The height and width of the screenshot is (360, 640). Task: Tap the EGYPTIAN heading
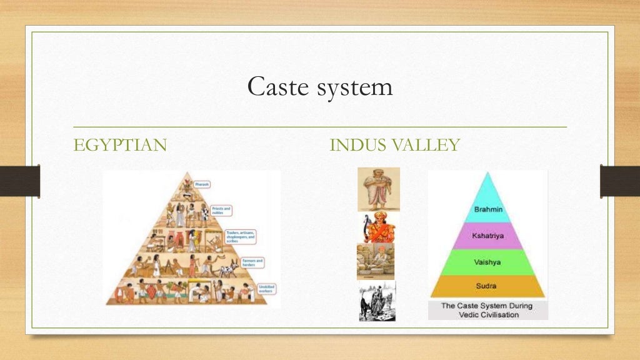[120, 146]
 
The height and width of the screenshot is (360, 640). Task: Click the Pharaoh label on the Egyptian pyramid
[202, 184]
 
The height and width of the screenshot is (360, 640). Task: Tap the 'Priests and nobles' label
[222, 211]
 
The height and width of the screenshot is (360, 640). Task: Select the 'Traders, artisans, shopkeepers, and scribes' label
[242, 236]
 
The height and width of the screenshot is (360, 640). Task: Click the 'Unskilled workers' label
[266, 288]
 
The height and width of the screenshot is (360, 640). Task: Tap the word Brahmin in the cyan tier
[487, 209]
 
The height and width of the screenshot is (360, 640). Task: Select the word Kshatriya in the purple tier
[487, 236]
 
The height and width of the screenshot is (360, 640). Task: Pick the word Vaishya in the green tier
[487, 262]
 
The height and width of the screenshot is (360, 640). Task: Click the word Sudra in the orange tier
[487, 286]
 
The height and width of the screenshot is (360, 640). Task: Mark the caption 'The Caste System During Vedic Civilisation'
[487, 310]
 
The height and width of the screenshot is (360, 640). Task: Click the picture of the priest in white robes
[378, 189]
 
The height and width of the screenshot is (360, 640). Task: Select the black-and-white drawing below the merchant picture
[377, 301]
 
